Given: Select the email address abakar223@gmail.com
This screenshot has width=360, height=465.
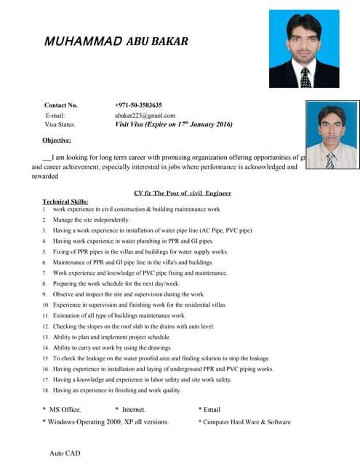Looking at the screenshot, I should point(145,115).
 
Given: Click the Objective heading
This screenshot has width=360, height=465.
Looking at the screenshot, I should point(57,140).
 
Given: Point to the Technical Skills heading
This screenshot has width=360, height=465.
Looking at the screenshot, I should point(65,201).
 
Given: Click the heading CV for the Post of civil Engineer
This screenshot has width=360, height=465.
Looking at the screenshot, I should point(183,193).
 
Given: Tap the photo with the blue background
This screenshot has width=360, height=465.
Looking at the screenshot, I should point(304,49).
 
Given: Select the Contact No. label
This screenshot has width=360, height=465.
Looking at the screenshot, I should point(61,105).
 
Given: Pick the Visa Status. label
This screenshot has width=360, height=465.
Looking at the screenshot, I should point(60,124).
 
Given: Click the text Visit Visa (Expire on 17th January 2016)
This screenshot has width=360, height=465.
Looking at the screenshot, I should point(173,124).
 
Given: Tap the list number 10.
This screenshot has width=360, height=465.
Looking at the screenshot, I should point(45,305).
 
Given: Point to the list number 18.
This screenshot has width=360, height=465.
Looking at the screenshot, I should point(45,391).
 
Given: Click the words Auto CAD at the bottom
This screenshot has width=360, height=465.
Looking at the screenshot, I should point(65,453).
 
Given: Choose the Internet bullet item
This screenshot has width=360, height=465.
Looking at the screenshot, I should point(133,410).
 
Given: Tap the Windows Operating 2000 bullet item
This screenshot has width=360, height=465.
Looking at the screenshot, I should point(108,421).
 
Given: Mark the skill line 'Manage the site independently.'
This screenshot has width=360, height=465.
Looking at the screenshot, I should point(92,219).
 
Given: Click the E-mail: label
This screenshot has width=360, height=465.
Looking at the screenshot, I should point(55,115).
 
